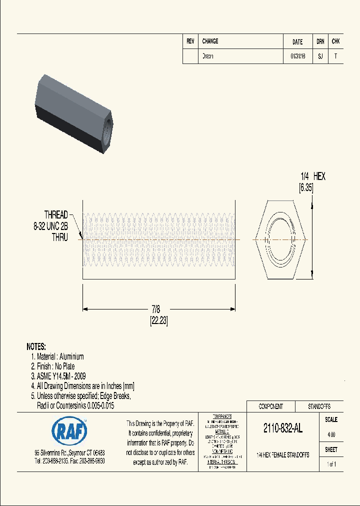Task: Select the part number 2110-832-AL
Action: [282, 428]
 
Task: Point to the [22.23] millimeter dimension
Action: [158, 322]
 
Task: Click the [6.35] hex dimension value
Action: [305, 188]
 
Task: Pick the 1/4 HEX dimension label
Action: [312, 176]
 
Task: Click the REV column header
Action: [190, 41]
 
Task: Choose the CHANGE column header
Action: [210, 41]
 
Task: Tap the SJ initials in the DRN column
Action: [320, 56]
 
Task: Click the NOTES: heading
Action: [36, 346]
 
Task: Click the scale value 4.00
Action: [331, 434]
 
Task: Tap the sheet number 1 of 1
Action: [331, 464]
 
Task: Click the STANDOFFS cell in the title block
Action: [318, 406]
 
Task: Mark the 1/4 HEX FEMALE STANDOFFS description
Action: [282, 455]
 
